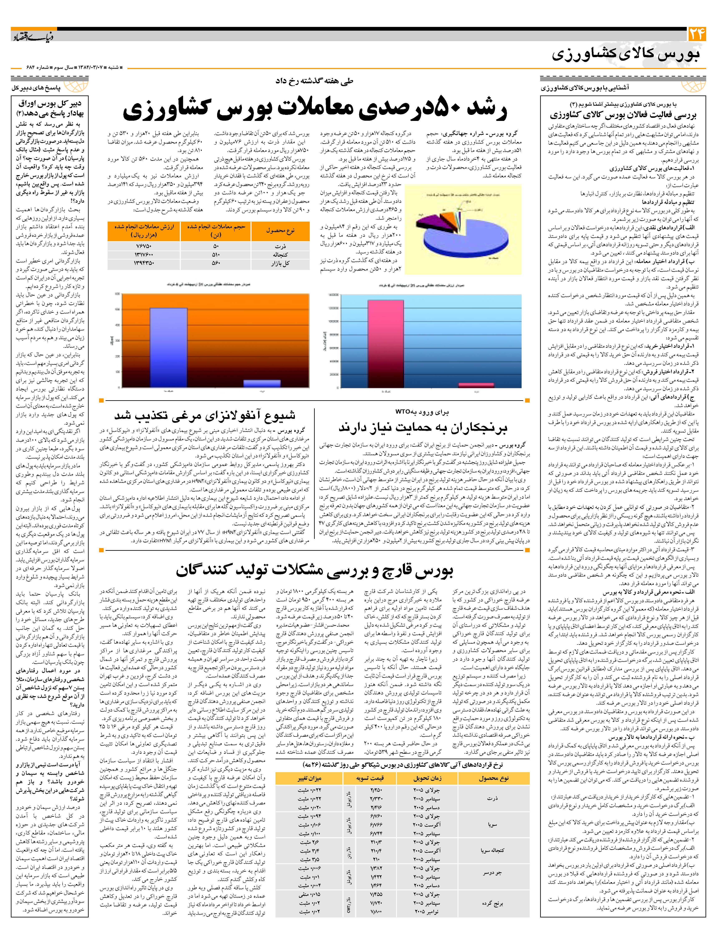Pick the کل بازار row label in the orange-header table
[280, 263]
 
